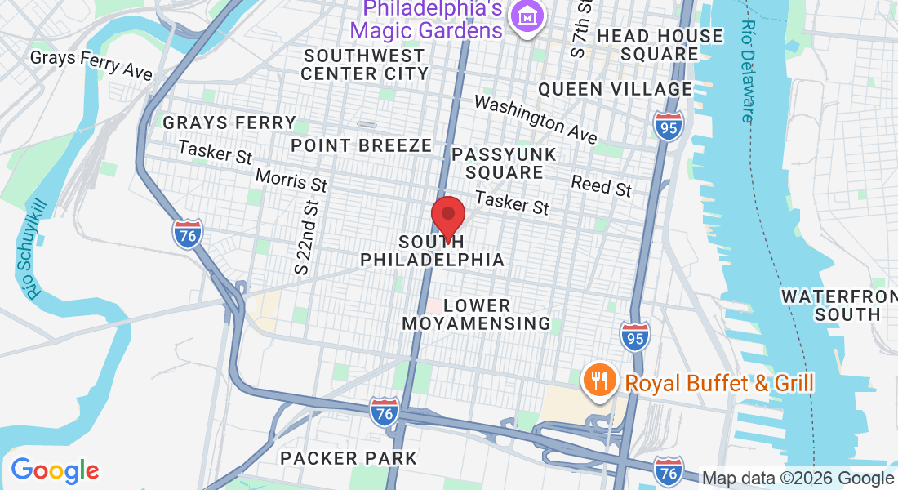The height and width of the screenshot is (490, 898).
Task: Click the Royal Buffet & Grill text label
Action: (x=718, y=382)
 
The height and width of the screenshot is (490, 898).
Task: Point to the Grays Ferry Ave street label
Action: (x=91, y=65)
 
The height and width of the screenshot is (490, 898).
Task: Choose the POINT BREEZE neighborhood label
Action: (x=362, y=145)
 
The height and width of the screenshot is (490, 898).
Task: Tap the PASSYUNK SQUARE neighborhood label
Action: (x=504, y=163)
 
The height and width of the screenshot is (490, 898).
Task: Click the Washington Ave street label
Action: (x=536, y=118)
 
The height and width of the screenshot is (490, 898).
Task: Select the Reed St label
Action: (x=602, y=185)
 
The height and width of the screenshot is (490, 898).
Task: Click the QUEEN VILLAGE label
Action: (x=616, y=89)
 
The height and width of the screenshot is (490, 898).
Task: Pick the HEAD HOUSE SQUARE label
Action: (x=660, y=45)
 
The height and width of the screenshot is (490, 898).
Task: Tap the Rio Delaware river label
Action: (x=747, y=72)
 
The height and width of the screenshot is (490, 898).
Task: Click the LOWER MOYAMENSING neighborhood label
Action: (x=475, y=314)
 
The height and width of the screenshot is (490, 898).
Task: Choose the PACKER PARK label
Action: (x=349, y=457)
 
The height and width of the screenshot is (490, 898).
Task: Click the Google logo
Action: (x=55, y=470)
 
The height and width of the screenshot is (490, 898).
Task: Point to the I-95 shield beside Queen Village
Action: (x=668, y=127)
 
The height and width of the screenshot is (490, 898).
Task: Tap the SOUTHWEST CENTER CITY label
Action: (x=364, y=65)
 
